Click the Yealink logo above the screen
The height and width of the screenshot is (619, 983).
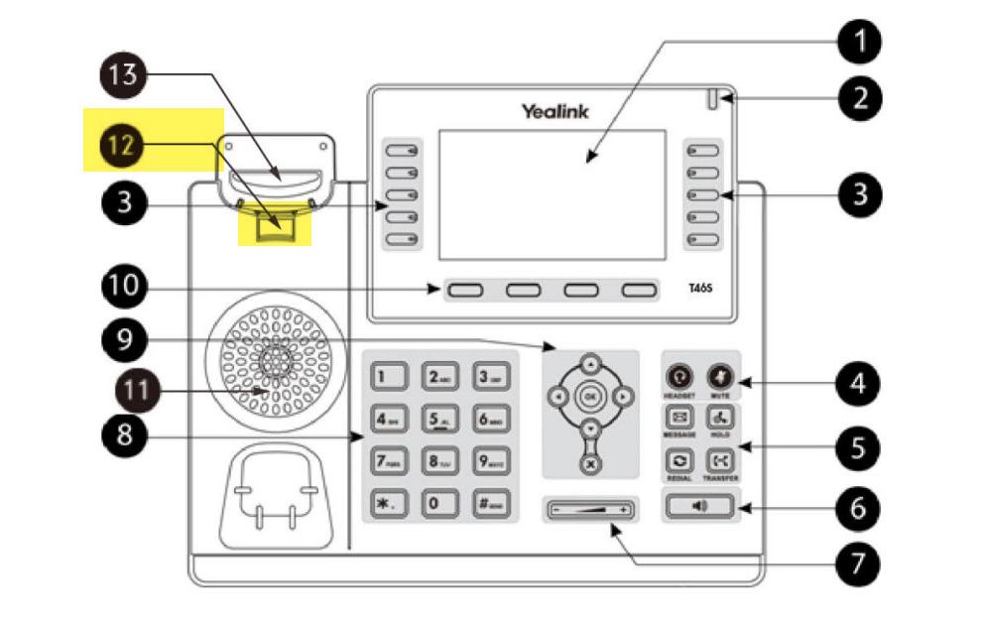tap(555, 111)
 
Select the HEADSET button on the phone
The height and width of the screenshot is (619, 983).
tap(679, 377)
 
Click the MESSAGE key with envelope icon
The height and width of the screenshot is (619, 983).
tap(680, 418)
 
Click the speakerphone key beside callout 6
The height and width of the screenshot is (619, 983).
tap(700, 507)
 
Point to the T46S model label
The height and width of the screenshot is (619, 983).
tap(701, 290)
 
